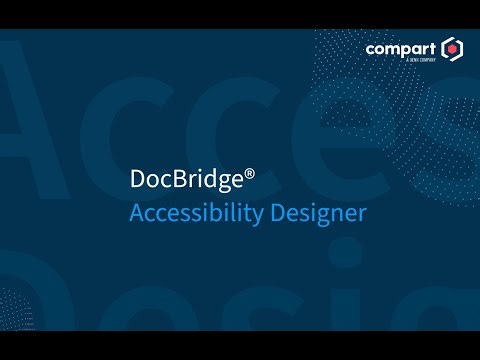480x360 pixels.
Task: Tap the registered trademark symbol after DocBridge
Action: (250, 174)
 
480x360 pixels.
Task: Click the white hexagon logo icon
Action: (453, 48)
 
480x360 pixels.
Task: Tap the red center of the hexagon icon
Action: (453, 48)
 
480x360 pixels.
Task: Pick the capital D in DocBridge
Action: (138, 180)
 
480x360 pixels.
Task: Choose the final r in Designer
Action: (363, 214)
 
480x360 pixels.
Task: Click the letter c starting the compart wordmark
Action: (371, 48)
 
